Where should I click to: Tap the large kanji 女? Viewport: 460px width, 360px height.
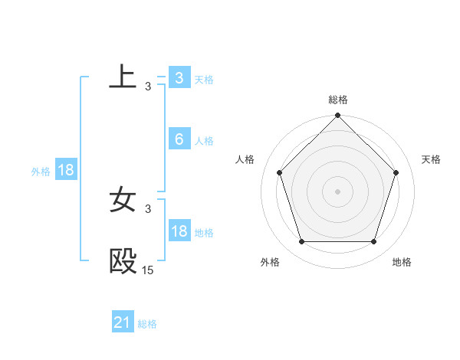click(123, 199)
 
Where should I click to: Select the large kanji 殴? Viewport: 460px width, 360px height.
click(123, 261)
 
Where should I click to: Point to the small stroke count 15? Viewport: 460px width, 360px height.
click(147, 270)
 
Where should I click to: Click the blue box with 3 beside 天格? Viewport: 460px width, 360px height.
click(179, 78)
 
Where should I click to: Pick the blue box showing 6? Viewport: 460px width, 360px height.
click(179, 139)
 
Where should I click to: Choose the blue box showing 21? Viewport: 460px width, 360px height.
click(123, 322)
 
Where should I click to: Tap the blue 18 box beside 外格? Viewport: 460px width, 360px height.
click(66, 170)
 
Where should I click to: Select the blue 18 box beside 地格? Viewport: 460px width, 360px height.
click(179, 231)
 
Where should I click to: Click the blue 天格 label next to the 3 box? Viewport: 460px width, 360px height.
click(204, 79)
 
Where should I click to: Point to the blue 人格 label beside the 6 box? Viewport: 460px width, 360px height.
click(204, 140)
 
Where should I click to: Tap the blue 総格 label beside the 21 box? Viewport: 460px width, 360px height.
click(147, 323)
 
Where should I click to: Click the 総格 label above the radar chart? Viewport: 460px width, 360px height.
click(338, 100)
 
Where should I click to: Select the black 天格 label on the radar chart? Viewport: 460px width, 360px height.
click(432, 159)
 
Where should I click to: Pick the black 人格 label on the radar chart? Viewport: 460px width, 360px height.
click(245, 159)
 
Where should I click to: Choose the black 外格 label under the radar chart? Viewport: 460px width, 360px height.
click(270, 262)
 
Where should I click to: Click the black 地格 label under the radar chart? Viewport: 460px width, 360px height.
click(402, 262)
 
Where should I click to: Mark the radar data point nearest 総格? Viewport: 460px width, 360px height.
click(338, 116)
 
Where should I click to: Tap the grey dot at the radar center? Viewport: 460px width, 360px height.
click(338, 191)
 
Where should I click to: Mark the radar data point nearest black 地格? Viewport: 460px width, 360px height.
click(374, 242)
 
